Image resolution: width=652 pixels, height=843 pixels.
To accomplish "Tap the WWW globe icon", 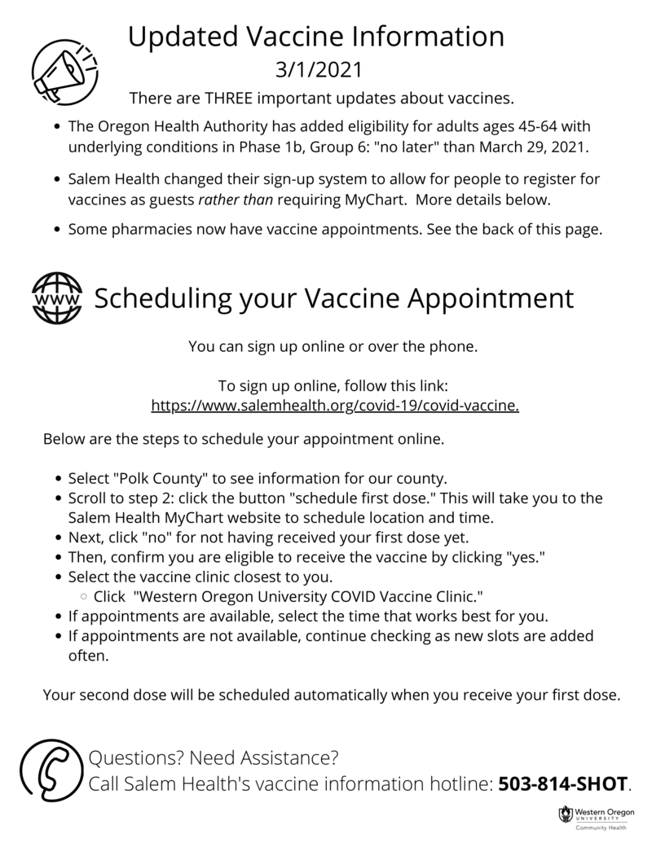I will pos(56,298).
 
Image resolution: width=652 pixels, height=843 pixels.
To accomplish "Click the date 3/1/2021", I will pos(316,70).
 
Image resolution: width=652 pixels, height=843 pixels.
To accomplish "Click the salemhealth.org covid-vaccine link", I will pos(335,404).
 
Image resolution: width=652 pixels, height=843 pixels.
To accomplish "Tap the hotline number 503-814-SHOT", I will pos(563,784).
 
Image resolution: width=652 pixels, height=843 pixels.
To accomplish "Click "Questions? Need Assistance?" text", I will pos(214,759).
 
